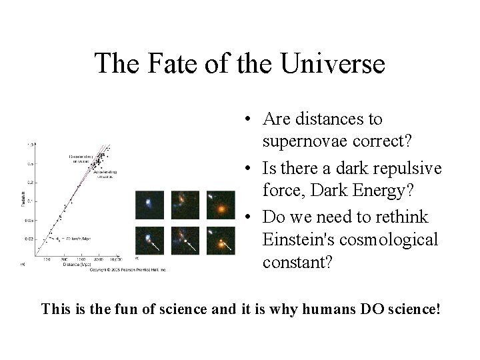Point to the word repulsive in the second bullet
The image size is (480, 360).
[x=408, y=169]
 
